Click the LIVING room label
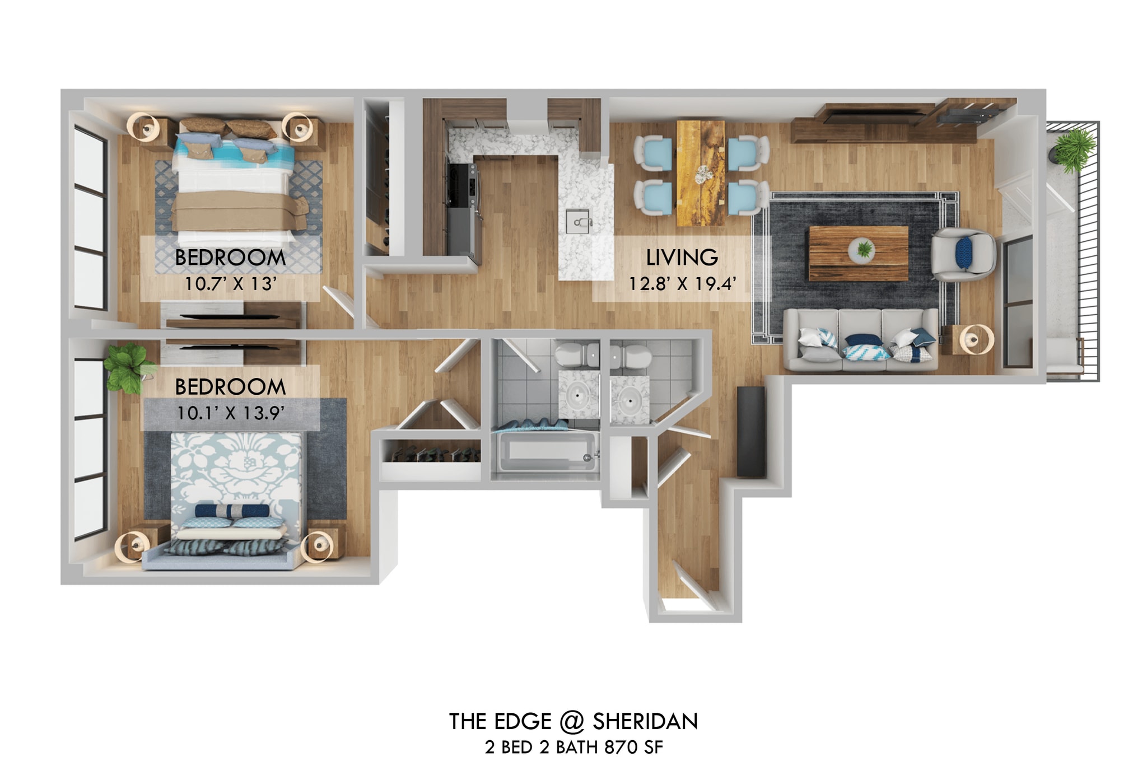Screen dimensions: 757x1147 click(682, 258)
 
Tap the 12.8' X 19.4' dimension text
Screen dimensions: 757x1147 click(682, 284)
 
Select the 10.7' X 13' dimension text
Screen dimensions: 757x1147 click(230, 284)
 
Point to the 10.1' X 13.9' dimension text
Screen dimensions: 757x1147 click(230, 413)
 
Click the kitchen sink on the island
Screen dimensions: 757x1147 click(579, 222)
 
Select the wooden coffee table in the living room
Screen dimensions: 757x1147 click(858, 253)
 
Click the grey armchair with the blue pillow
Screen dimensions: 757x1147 click(962, 253)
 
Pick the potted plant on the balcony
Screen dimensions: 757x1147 click(1072, 148)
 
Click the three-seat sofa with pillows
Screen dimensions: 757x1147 click(860, 340)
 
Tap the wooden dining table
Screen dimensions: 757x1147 click(700, 172)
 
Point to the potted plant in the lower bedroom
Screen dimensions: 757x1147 click(128, 367)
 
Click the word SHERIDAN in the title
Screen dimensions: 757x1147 click(645, 722)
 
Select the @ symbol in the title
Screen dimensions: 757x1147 click(571, 722)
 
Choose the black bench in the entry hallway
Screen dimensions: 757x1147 click(750, 431)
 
